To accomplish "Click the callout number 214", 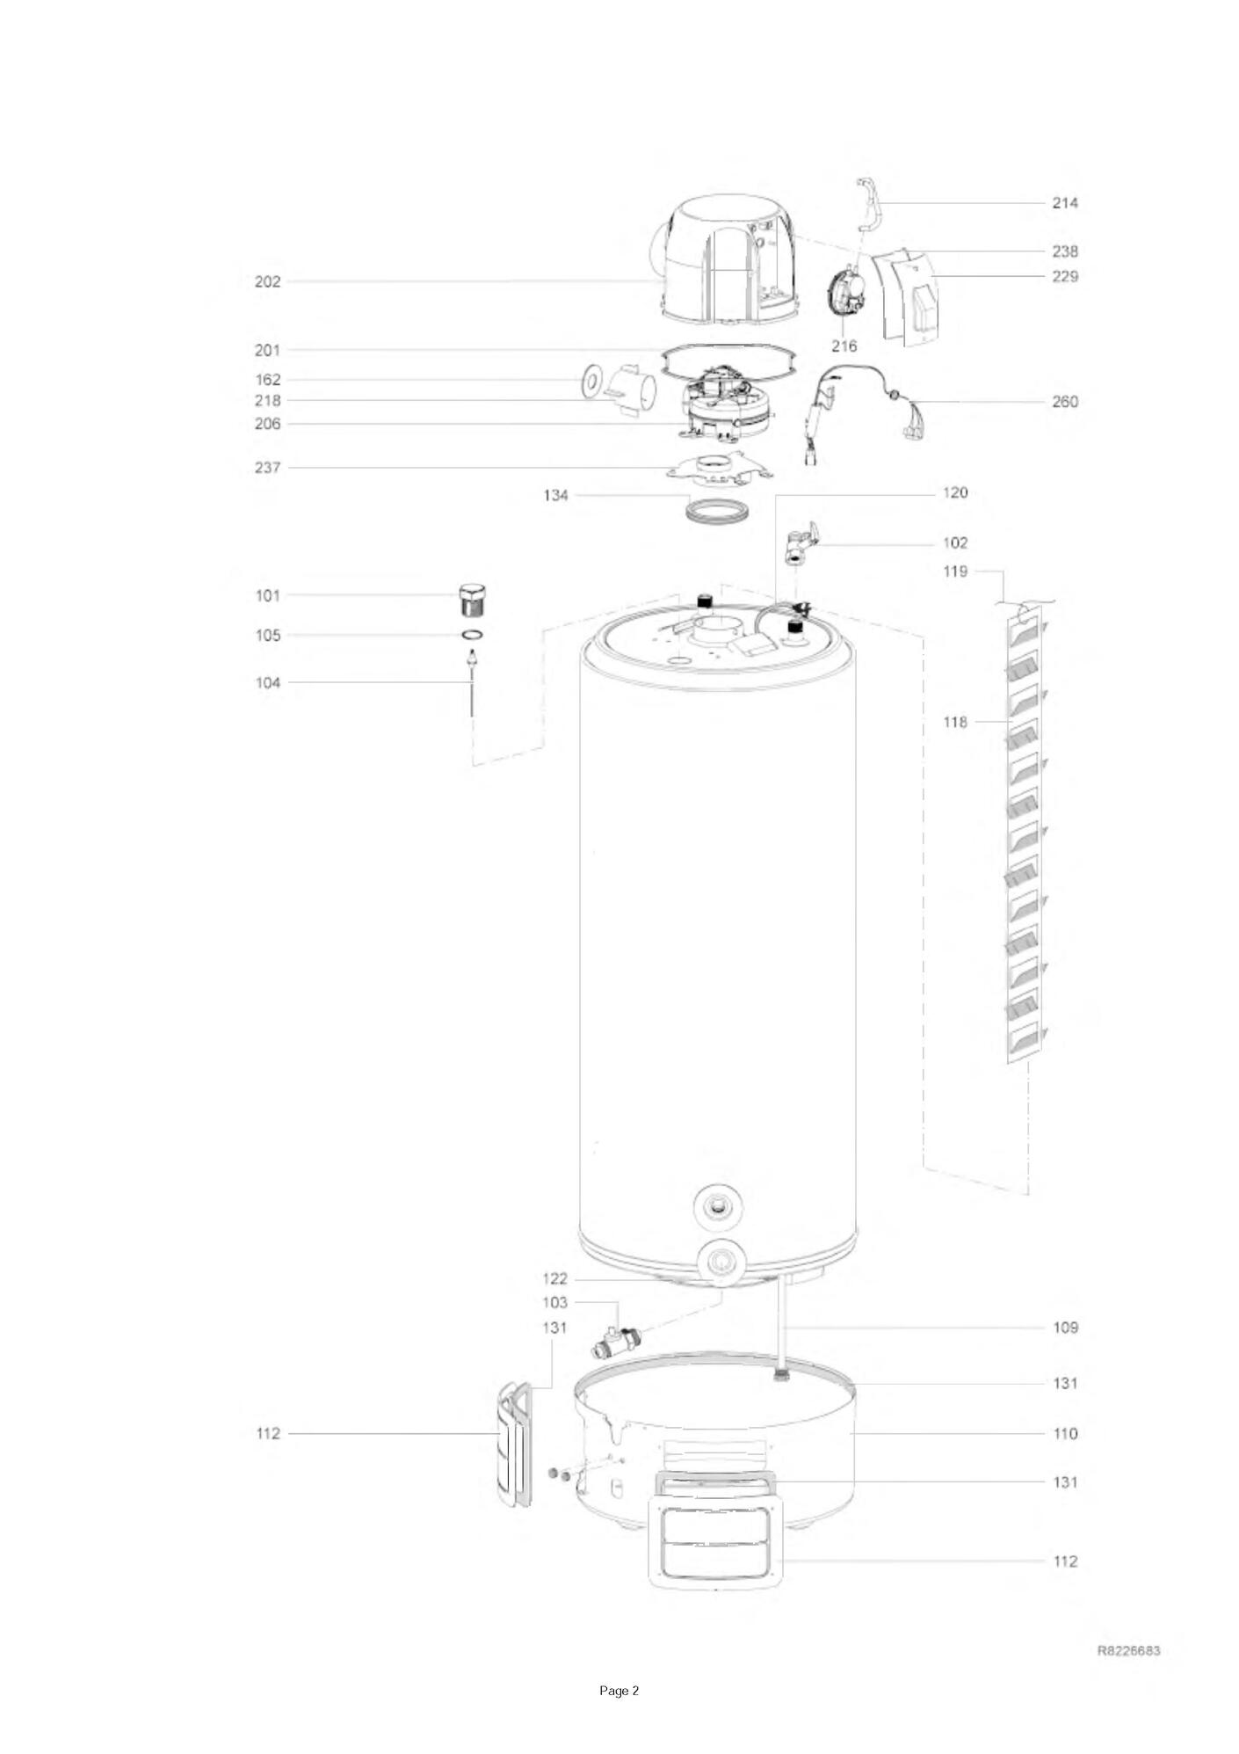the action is (x=1064, y=203).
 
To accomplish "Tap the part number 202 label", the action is (x=267, y=282).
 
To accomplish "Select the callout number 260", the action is (x=1064, y=403).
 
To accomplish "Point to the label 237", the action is (x=267, y=468).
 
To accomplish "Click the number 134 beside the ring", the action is (x=555, y=496).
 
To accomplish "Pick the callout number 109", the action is (x=1064, y=1328).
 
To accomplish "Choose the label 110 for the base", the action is (x=1064, y=1433).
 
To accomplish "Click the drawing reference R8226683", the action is (x=1128, y=1650).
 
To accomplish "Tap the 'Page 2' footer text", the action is (x=619, y=1691).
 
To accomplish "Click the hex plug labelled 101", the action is (x=473, y=600).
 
